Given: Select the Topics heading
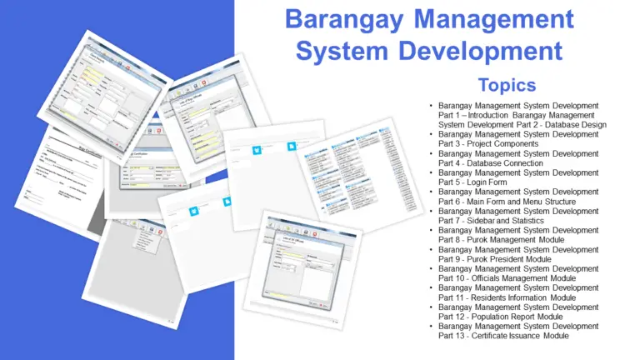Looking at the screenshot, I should point(507,84).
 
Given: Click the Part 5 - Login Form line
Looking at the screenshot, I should point(473,182).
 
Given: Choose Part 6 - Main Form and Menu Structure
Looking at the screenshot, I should point(511,201).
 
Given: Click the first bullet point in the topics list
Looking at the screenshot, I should point(431,106).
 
